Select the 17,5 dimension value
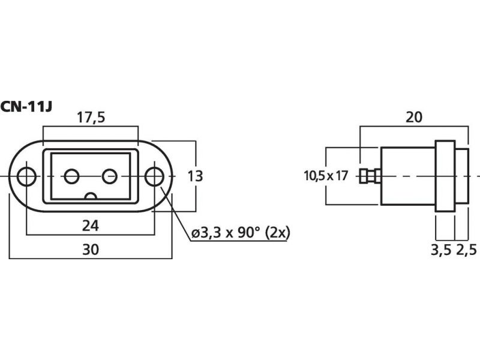[x=91, y=118]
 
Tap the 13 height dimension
[x=195, y=176]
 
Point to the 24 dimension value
[x=91, y=226]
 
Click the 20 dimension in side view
[x=413, y=117]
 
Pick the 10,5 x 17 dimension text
[x=326, y=176]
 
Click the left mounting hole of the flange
[x=27, y=176]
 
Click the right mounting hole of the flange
[x=154, y=176]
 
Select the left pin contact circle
[x=72, y=176]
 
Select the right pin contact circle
[x=109, y=176]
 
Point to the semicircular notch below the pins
[x=91, y=197]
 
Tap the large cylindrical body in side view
[x=408, y=176]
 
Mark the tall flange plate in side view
[x=445, y=176]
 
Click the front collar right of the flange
[x=461, y=176]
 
